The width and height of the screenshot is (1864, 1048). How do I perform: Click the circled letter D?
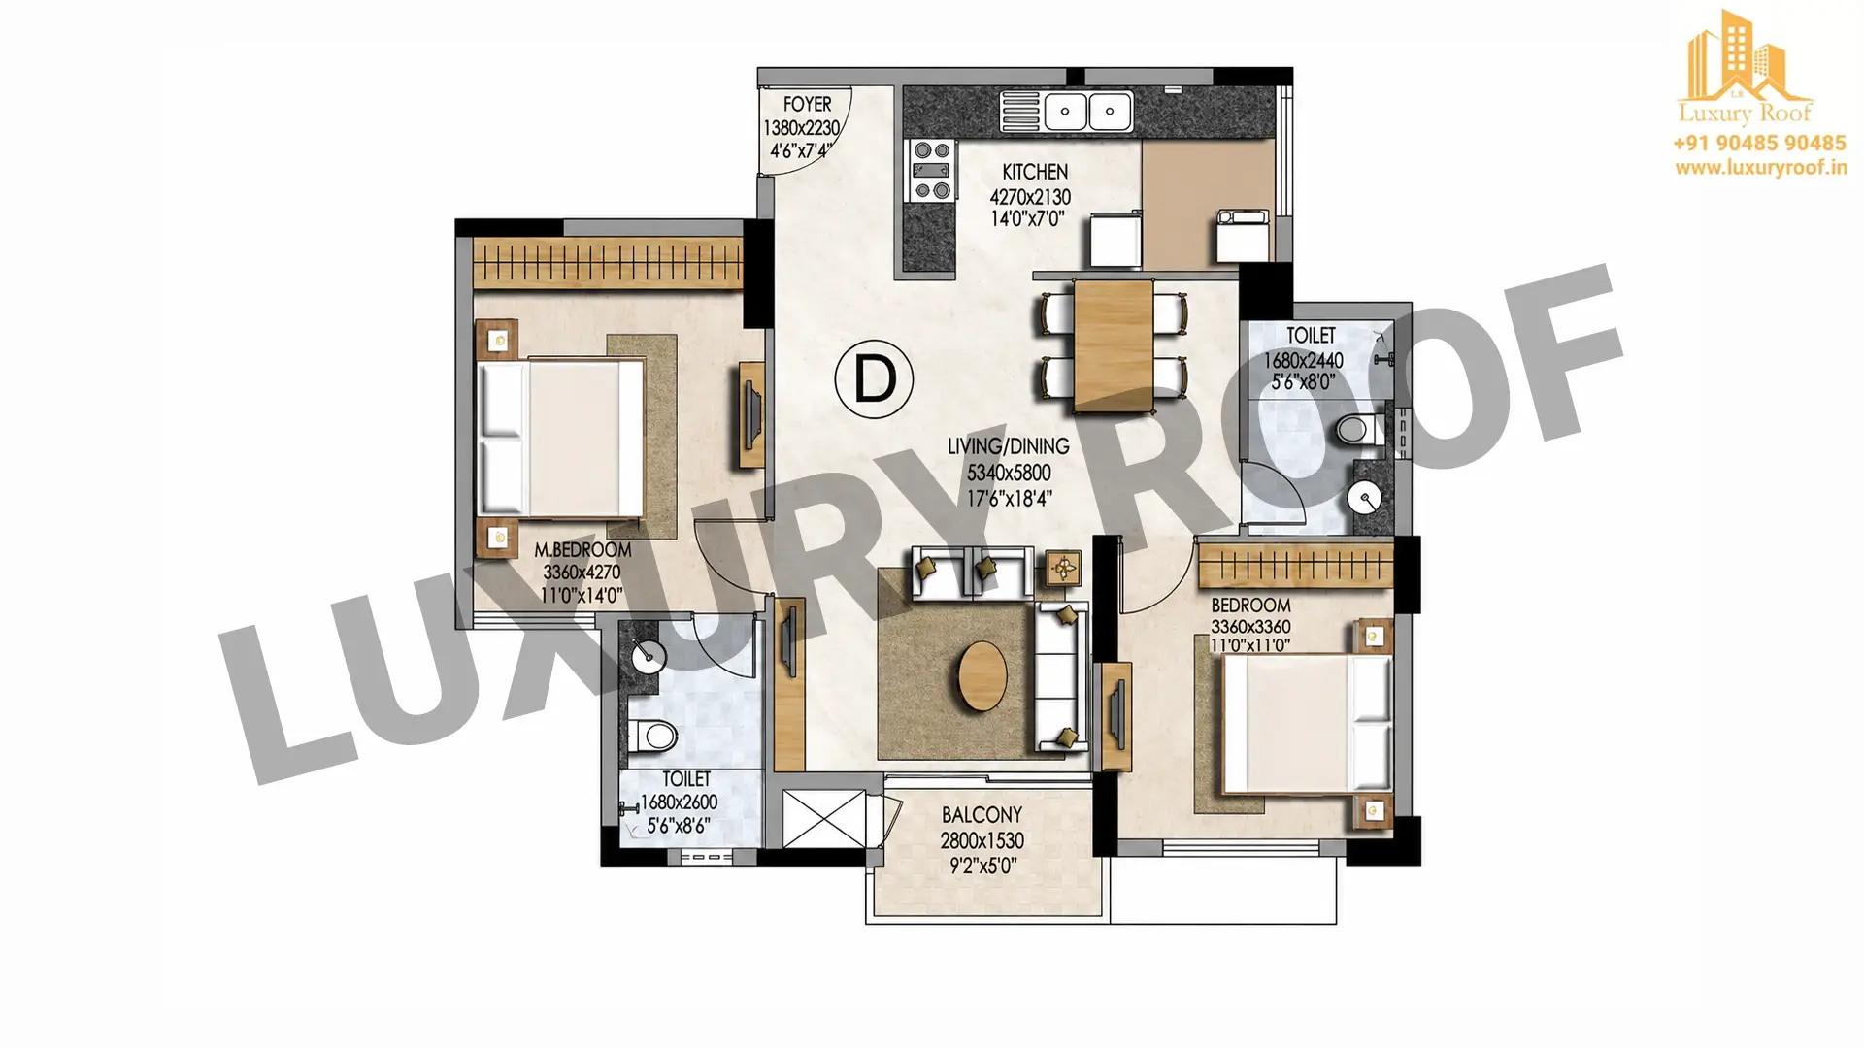pos(874,379)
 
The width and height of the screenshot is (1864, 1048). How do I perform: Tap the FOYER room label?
pos(808,104)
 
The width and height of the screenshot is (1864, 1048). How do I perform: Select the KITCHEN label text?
pos(1035,172)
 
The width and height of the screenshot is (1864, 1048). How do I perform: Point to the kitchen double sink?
pos(1066,111)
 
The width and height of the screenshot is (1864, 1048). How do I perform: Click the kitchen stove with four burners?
pos(930,171)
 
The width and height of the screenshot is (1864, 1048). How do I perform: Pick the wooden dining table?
pos(1114,344)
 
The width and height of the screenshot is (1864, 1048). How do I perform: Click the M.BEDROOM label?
pos(582,550)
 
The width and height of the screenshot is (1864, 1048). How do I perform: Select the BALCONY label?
pos(982,815)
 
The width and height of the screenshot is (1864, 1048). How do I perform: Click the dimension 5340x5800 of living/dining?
pos(1009,474)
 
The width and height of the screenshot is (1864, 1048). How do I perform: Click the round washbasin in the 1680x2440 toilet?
pos(1364,499)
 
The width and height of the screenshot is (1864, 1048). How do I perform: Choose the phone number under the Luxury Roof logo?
pos(1759,144)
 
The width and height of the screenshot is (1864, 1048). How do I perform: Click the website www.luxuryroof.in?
pos(1760,167)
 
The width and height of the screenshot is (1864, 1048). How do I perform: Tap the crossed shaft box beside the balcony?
pos(823,818)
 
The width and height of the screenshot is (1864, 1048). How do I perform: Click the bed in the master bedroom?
pos(562,438)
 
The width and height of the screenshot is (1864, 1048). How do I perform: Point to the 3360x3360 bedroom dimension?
pos(1250,626)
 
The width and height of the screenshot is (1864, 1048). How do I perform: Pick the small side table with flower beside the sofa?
pos(1065,567)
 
